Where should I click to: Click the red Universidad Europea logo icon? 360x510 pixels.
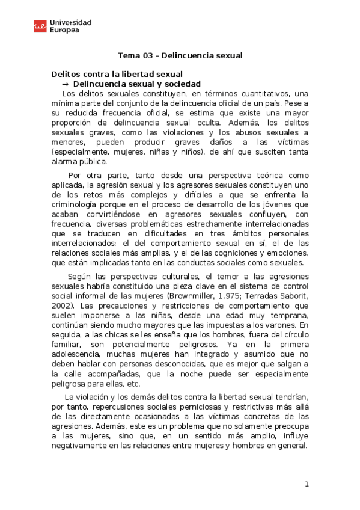[41, 26]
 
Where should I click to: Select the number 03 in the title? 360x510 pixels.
[148, 55]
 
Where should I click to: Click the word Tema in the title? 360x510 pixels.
[127, 55]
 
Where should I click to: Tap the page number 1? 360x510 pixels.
[307, 485]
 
